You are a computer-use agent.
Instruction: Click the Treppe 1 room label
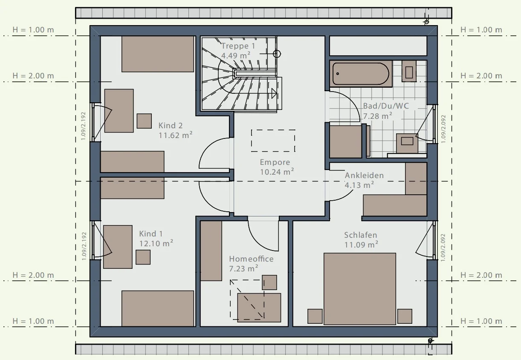click(238, 46)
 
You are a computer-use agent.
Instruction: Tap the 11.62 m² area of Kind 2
click(175, 135)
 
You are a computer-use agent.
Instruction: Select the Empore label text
click(275, 162)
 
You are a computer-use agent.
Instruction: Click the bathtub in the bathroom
click(361, 74)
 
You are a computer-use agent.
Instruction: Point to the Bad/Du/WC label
click(386, 106)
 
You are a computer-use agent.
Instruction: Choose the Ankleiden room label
click(364, 176)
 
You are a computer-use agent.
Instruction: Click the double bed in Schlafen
click(360, 289)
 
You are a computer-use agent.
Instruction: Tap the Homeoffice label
click(251, 259)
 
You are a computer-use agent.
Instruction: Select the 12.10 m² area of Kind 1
click(156, 244)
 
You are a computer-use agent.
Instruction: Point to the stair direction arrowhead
click(274, 93)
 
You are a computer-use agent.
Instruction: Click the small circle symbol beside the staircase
click(277, 54)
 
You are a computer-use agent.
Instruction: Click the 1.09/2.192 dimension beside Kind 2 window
click(83, 126)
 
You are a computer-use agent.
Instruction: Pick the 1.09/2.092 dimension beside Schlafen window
click(443, 248)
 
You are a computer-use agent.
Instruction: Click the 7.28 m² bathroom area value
click(378, 116)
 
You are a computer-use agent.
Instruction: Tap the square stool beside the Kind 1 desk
click(143, 257)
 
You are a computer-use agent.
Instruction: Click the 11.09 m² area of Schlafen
click(361, 245)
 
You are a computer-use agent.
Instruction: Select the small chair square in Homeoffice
click(269, 282)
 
